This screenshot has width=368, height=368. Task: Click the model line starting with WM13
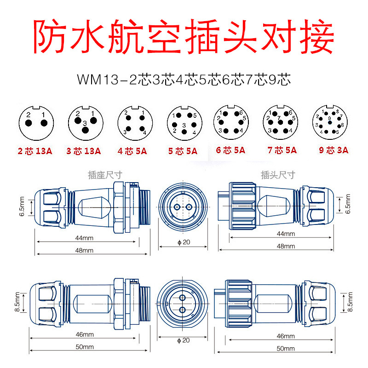click(184, 79)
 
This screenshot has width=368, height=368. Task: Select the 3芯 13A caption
click(84, 150)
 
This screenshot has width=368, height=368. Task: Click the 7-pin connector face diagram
click(280, 122)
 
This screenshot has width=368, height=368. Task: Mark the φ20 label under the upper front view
click(183, 242)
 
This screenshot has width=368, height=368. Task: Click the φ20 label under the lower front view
click(183, 341)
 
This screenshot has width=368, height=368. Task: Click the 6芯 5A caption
click(230, 150)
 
